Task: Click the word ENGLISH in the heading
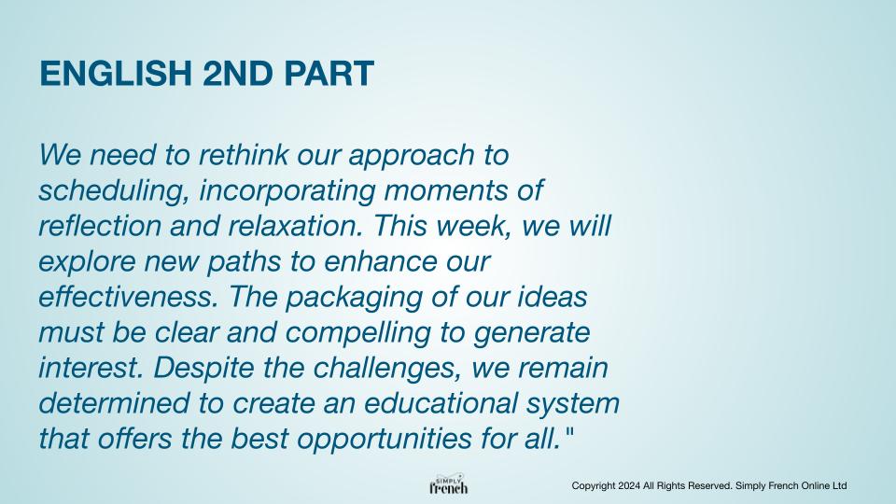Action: coord(116,74)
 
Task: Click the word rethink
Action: coord(243,155)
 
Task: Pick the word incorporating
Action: coord(287,190)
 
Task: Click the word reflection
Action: coord(100,226)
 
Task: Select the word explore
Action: coord(88,262)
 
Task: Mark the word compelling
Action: coord(357,333)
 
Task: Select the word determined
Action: coord(114,403)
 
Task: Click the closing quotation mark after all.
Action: coord(568,432)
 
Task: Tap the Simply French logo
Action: coord(449,484)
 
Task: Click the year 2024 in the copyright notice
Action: coord(628,485)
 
